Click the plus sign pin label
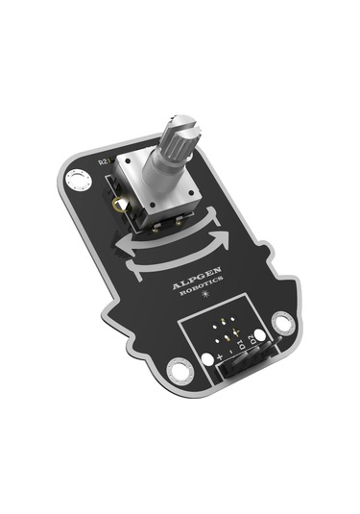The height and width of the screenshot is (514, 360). click(x=221, y=358)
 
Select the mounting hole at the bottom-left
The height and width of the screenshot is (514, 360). click(x=178, y=368)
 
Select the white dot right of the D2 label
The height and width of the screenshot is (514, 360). click(x=263, y=334)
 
